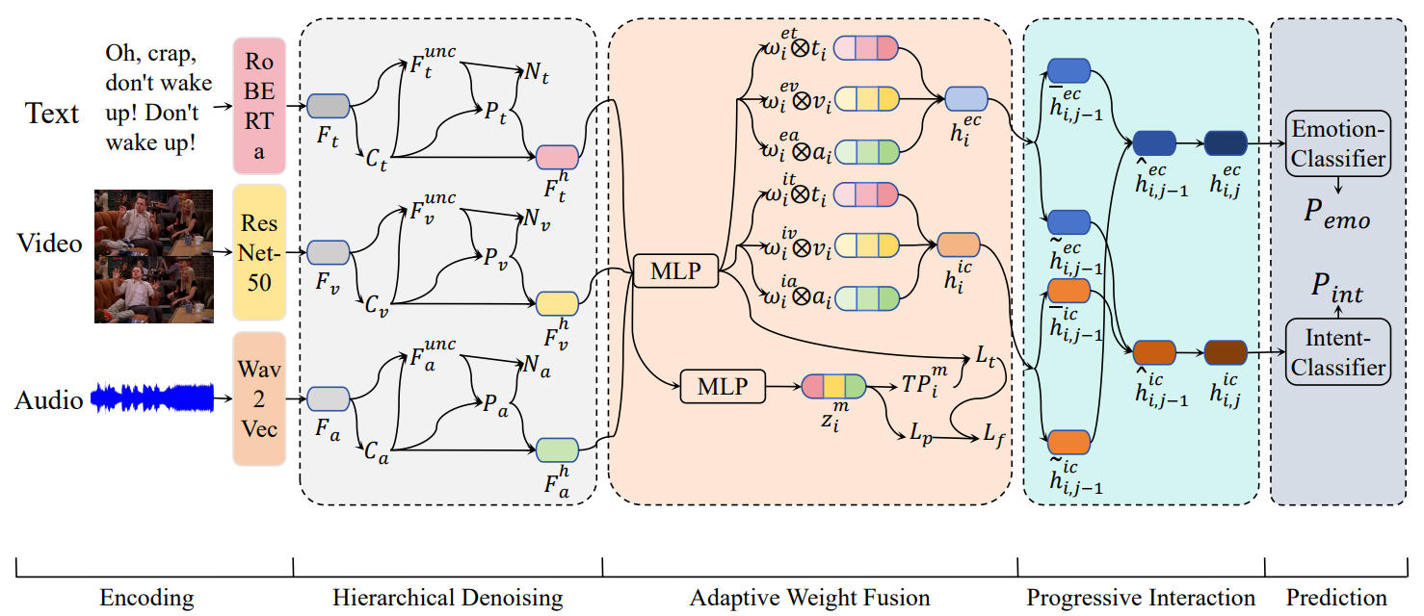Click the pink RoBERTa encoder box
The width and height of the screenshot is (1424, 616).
pos(259,106)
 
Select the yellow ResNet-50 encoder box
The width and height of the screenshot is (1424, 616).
pos(259,252)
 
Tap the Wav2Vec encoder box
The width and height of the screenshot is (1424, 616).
pos(259,398)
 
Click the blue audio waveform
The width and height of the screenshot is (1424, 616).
pos(152,398)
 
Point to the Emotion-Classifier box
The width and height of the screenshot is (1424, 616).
pos(1337,143)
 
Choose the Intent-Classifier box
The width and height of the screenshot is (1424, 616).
pos(1337,352)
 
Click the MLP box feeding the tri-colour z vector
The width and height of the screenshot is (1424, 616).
pos(723,386)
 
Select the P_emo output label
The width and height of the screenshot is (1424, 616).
pos(1336,214)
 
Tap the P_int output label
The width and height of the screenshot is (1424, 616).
pos(1337,289)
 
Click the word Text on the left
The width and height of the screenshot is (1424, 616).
pos(51,114)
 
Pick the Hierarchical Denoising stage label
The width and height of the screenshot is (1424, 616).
pos(448,599)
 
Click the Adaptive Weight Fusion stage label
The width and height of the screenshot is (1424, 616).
pos(810,599)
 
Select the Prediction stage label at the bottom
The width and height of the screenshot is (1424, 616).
pos(1336,599)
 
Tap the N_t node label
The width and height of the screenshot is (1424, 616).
pos(537,74)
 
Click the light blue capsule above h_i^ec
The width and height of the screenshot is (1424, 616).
pos(966,99)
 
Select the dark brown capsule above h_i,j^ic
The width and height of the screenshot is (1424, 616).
pos(1226,352)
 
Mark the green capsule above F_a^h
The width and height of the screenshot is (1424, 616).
pos(558,449)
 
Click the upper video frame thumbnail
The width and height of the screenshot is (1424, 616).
pos(154,222)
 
